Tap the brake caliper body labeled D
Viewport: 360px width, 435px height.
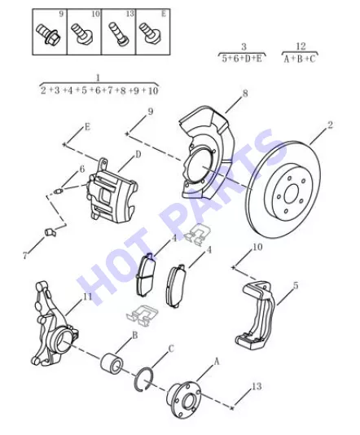coord(112,191)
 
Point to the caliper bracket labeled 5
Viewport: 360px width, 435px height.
coord(256,315)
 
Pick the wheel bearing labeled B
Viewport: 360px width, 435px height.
coord(112,363)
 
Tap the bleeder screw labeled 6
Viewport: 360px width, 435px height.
coord(59,191)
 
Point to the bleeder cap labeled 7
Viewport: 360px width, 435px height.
coord(50,232)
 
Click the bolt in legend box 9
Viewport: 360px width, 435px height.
coord(48,34)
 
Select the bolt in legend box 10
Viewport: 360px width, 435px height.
coord(82,33)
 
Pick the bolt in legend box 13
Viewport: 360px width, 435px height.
coord(119,34)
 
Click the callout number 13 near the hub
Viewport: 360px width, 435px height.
coord(257,386)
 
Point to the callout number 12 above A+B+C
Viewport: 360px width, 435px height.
coord(301,46)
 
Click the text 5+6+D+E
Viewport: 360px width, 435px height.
coord(242,59)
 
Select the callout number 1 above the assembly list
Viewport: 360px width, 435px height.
coord(98,78)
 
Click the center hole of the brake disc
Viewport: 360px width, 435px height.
coord(292,193)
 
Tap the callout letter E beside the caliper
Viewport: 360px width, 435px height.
coord(87,127)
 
